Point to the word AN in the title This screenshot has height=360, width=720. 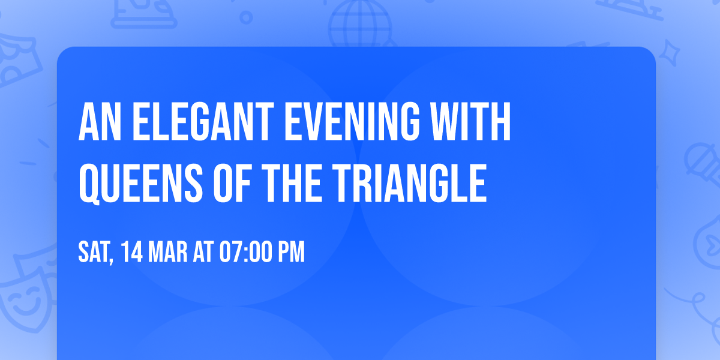click(97, 123)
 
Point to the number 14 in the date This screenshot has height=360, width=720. click(131, 253)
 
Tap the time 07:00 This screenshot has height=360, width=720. click(247, 253)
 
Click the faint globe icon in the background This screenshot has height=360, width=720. click(359, 24)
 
